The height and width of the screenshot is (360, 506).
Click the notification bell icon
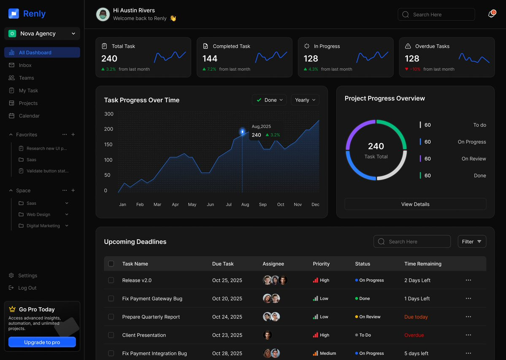pos(492,14)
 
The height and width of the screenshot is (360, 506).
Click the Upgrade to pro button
pos(42,342)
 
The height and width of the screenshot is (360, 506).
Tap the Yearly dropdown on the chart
pos(305,100)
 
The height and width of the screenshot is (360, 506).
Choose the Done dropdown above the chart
pos(269,100)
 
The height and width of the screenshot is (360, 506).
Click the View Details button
pos(415,204)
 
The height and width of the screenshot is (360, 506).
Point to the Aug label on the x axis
pos(245,205)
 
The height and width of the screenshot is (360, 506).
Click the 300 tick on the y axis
pos(109,114)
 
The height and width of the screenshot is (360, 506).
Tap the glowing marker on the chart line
pos(242,132)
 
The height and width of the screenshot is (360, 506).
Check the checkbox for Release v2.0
pos(111,280)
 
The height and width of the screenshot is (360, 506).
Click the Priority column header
pos(321,264)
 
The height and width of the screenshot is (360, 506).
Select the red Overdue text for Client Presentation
pos(414,335)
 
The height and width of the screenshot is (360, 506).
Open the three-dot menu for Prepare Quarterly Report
pos(468,317)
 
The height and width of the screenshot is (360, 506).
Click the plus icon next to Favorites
pos(73,135)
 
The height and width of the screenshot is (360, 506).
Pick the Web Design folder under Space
pos(38,214)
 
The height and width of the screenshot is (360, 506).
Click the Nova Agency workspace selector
pos(42,33)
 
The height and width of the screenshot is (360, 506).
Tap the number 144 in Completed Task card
pos(210,58)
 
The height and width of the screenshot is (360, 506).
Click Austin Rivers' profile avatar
pos(103,14)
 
